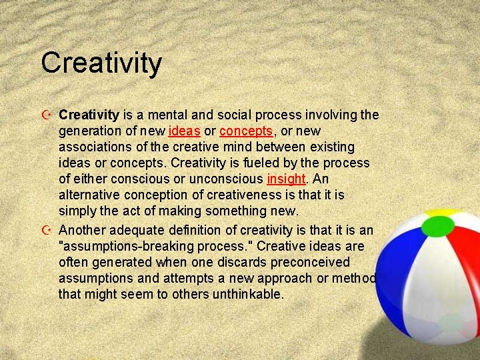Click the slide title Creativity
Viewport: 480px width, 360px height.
101,63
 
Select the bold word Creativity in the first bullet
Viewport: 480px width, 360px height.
89,115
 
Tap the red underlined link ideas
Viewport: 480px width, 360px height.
185,131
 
